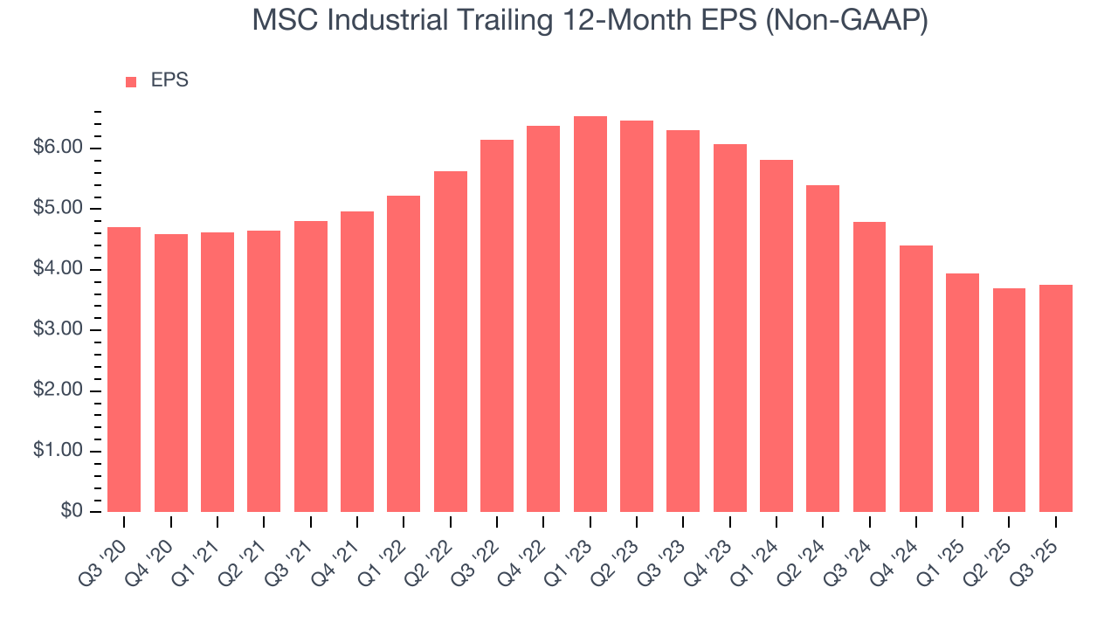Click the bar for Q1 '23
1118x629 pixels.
(590, 314)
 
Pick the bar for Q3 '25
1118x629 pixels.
(1055, 397)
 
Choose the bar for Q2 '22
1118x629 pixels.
(450, 341)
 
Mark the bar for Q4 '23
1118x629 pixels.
(729, 328)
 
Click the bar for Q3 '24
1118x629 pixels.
(869, 366)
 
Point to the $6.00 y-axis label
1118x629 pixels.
(59, 148)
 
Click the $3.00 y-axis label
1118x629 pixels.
(59, 330)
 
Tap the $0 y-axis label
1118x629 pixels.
(72, 512)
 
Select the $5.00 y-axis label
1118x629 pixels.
(59, 209)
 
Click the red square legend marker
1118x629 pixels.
(131, 82)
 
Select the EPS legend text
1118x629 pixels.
(169, 80)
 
